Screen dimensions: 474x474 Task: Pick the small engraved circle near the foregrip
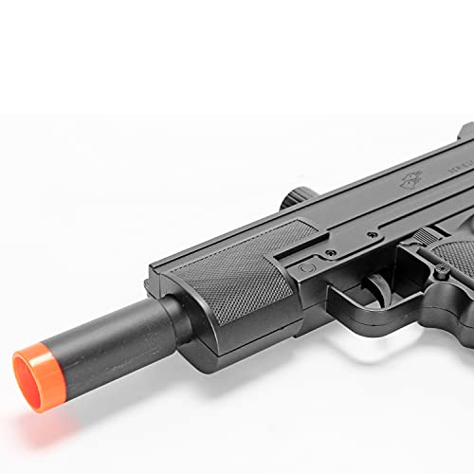click(x=305, y=268)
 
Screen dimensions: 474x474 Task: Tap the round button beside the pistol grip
click(x=442, y=272)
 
